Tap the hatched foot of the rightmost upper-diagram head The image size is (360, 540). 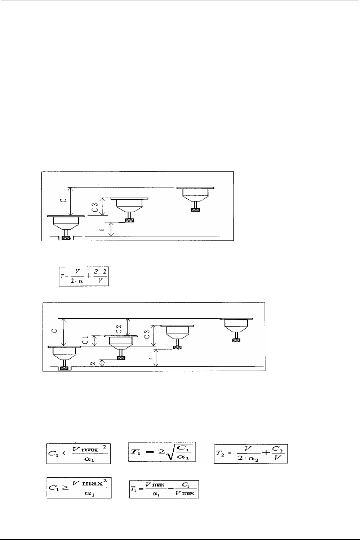(196, 209)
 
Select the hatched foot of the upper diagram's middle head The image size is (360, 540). (129, 220)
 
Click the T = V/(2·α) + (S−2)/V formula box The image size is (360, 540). (84, 276)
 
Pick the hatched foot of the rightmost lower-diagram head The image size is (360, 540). (236, 340)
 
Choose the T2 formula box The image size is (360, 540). (251, 453)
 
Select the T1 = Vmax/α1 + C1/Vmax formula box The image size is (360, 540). (164, 488)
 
